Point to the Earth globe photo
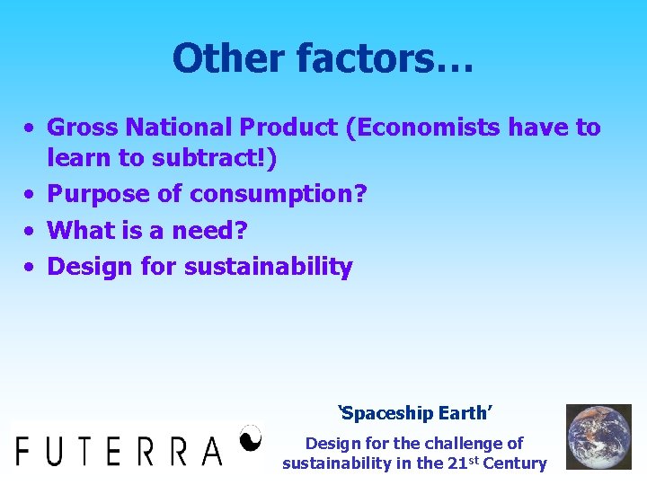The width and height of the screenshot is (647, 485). click(598, 436)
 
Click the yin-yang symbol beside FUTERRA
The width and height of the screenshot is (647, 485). click(251, 437)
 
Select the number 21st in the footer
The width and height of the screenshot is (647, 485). click(459, 463)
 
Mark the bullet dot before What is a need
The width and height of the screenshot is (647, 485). click(31, 231)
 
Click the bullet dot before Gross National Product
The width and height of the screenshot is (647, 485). click(31, 128)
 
